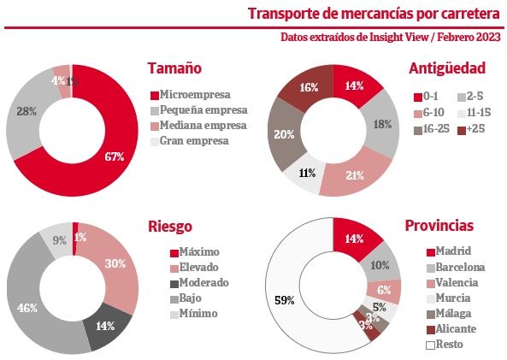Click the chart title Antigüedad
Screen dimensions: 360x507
point(446,68)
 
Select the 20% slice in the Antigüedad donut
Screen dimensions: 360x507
point(286,135)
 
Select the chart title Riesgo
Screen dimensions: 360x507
point(168,227)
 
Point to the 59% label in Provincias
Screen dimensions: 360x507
point(285,300)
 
